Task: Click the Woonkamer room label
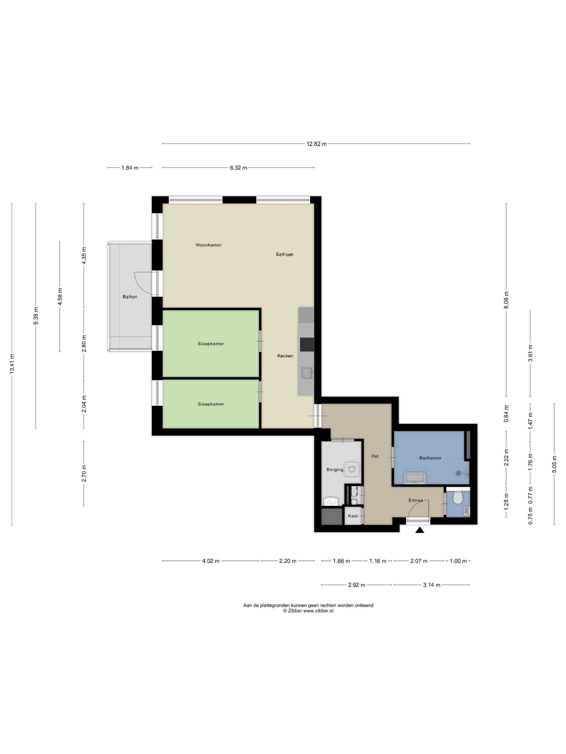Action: pos(208,245)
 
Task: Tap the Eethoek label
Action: pos(285,254)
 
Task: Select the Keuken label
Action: pos(285,355)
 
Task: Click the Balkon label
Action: pos(130,296)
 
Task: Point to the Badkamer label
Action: pos(430,458)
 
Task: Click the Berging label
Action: pos(334,469)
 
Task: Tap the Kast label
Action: pos(353,516)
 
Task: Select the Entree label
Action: pos(416,500)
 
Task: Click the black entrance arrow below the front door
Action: pos(419,530)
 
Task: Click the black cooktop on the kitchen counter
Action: pos(306,344)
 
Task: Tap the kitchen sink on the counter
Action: pos(306,373)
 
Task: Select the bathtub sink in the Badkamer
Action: pos(414,477)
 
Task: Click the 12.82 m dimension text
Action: pos(316,144)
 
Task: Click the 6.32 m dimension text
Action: pos(238,168)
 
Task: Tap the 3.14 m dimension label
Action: pos(431,585)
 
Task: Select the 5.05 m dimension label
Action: pos(554,464)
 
